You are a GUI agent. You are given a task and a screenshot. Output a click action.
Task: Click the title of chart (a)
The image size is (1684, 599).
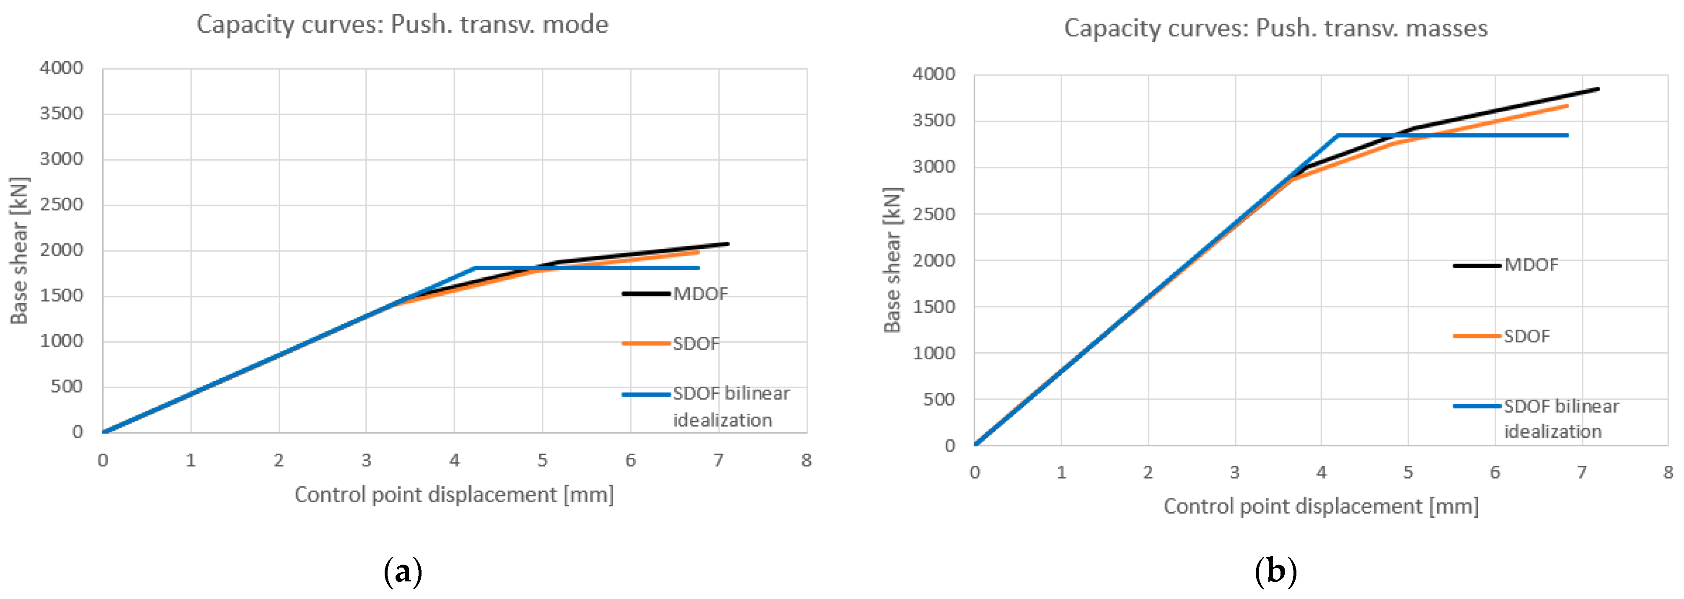[x=402, y=25]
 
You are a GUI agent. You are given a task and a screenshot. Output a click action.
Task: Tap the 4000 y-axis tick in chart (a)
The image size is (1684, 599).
[x=62, y=68]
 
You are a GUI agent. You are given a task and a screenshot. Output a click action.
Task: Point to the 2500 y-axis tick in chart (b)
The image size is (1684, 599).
[x=934, y=214]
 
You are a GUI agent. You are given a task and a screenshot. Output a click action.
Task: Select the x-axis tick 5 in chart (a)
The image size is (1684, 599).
[x=542, y=460]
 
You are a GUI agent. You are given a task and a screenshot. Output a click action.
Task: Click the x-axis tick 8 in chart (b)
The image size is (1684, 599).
[x=1668, y=472]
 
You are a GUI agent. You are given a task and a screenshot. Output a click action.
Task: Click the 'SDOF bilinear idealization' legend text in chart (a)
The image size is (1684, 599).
[x=731, y=406]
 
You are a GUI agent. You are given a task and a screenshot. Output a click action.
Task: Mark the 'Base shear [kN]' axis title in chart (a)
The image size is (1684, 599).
[x=19, y=250]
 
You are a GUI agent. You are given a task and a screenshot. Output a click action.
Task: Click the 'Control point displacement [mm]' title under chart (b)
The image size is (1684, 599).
[x=1321, y=506]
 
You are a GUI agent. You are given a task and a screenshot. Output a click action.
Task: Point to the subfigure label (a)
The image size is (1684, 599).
[x=402, y=572]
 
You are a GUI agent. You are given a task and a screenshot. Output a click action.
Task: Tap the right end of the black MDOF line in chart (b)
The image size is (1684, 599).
[x=1599, y=89]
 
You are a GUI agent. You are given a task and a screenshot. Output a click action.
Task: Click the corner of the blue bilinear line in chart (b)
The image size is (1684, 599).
[x=1337, y=135]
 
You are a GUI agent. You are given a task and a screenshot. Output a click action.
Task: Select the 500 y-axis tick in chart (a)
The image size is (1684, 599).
[x=67, y=387]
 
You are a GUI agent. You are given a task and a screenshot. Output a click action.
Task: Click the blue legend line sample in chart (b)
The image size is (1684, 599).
[x=1476, y=406]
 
